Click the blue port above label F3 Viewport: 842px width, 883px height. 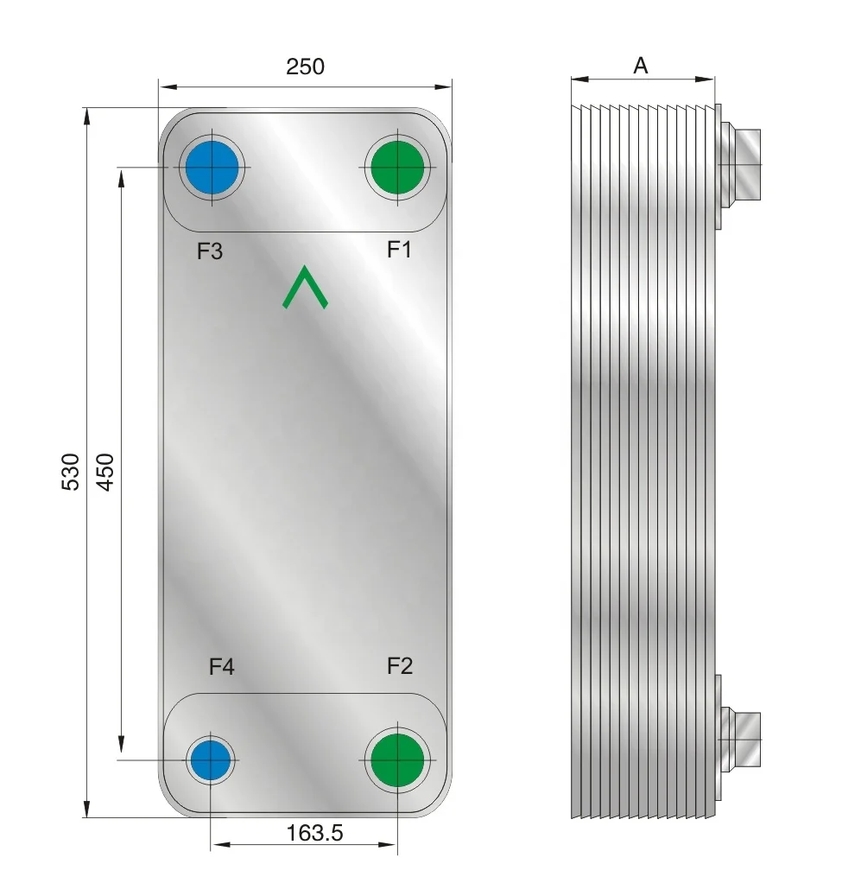click(212, 168)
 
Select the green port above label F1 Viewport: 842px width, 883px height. click(396, 168)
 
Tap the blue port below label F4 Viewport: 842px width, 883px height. click(212, 759)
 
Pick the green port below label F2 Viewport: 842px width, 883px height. click(397, 759)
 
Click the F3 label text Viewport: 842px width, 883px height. click(210, 251)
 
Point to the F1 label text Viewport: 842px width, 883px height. click(398, 250)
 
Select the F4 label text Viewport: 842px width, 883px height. click(221, 666)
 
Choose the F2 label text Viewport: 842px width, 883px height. click(399, 665)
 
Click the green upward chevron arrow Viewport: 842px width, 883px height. click(305, 288)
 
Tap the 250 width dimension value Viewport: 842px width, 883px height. click(306, 66)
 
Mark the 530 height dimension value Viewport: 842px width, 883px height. click(73, 471)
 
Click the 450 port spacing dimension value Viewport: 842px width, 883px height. click(105, 471)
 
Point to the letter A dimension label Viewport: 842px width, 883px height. click(641, 66)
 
